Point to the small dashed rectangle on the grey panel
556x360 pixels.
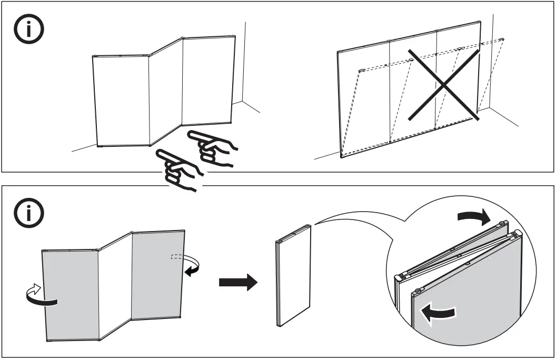click(x=177, y=257)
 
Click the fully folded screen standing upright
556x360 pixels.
click(x=293, y=276)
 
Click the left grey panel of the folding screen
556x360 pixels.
click(x=71, y=295)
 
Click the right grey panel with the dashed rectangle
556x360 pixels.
click(x=157, y=276)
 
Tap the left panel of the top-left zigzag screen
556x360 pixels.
click(x=121, y=100)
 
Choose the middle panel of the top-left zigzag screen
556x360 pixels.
click(x=165, y=92)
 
